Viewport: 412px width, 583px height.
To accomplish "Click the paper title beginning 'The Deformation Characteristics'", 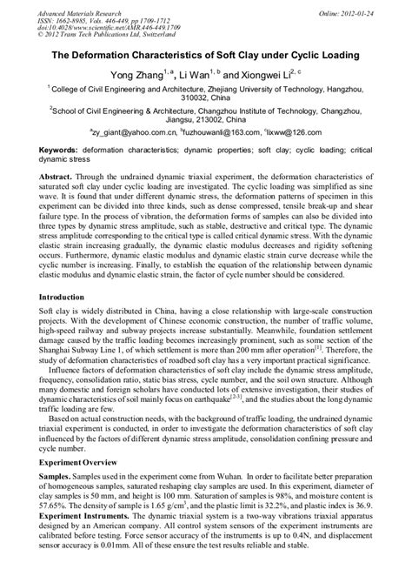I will (x=206, y=54).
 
